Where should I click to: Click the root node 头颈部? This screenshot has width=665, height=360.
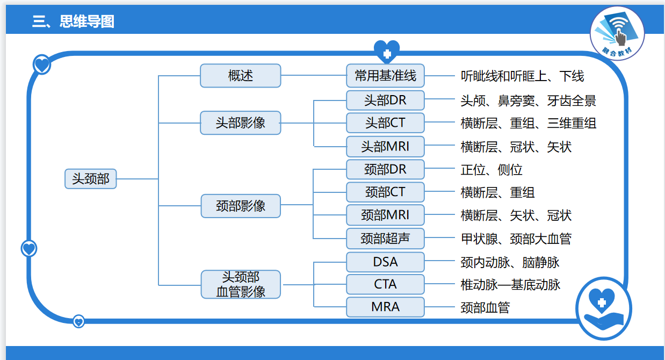[90, 179]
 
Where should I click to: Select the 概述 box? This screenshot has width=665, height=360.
[240, 76]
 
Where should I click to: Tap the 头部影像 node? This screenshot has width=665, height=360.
[240, 123]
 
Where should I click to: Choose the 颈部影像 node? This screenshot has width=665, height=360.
[240, 206]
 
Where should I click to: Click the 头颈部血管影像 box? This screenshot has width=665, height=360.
[240, 284]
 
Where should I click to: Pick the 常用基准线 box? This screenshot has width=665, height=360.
[385, 76]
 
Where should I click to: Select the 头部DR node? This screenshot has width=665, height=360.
[385, 100]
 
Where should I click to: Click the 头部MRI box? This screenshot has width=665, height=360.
[385, 146]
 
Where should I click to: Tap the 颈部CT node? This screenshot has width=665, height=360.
[385, 192]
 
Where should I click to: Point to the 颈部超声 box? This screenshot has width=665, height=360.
[385, 238]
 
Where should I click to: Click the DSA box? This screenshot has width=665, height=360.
[385, 262]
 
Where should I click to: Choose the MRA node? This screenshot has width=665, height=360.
[385, 307]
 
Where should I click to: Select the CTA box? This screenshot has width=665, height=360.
[385, 284]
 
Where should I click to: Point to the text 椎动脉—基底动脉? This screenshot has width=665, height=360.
[510, 285]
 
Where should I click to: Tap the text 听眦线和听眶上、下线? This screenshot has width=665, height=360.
[522, 76]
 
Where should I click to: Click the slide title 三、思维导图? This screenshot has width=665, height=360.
[73, 21]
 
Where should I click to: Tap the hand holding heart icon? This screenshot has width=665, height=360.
[603, 308]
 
